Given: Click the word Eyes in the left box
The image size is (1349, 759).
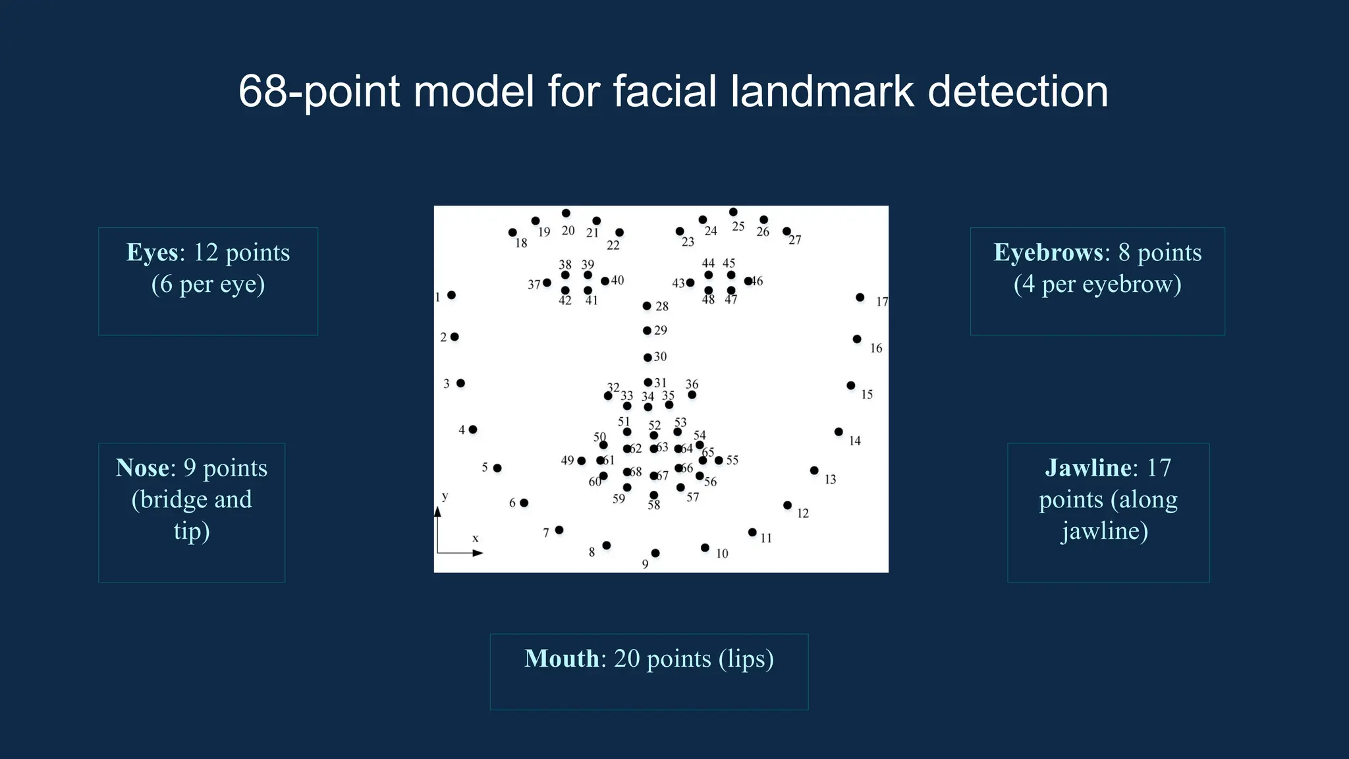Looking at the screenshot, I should click(x=152, y=253).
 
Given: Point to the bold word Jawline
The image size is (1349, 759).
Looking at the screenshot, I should click(x=1087, y=468).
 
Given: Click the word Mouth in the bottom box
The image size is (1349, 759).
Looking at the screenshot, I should click(x=561, y=659).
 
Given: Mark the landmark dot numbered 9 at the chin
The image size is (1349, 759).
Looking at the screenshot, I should click(x=655, y=553).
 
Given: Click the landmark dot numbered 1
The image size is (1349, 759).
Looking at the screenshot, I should click(x=452, y=295).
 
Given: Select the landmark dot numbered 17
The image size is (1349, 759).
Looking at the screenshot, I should click(x=860, y=298).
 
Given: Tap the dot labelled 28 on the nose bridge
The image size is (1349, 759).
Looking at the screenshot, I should click(x=647, y=306).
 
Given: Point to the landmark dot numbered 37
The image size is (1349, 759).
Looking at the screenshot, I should click(x=547, y=283).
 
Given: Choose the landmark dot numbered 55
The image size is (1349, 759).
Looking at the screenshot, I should click(x=719, y=461).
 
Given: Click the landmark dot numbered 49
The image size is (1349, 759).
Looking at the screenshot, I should click(x=582, y=461).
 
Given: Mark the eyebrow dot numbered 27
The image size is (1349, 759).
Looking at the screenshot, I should click(x=786, y=231).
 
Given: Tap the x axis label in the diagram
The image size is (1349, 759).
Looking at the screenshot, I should click(x=476, y=539).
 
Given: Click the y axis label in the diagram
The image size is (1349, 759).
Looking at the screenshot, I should click(x=445, y=496).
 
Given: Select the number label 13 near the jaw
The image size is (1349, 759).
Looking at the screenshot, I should click(x=831, y=480).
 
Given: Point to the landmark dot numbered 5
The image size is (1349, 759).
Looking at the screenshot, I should click(x=497, y=468).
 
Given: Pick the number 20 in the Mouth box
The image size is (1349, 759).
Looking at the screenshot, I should click(x=626, y=659).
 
